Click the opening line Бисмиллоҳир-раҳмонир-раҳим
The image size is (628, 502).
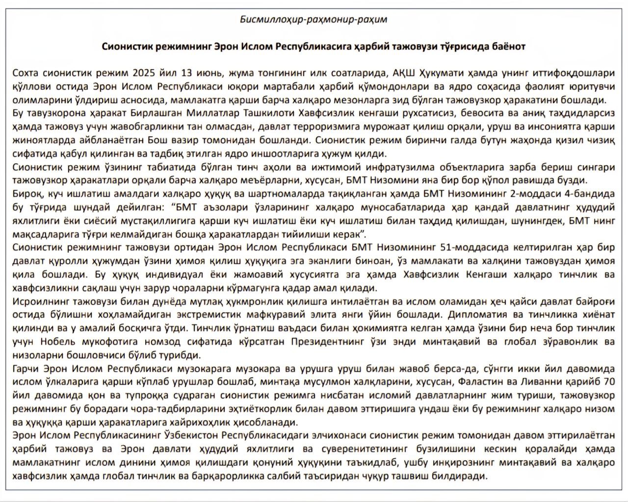tap(314, 20)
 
